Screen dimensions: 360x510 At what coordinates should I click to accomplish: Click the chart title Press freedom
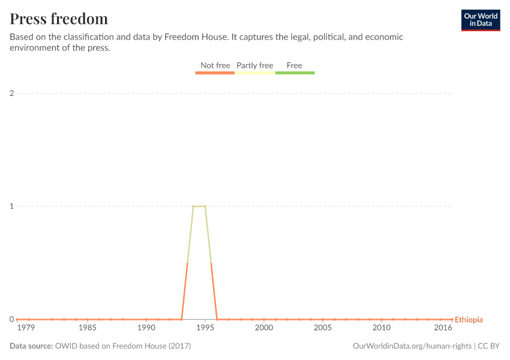click(x=59, y=19)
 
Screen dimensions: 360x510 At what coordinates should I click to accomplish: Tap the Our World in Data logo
click(x=480, y=20)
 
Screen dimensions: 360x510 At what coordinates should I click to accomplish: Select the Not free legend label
click(x=215, y=65)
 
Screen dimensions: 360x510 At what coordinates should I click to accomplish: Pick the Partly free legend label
click(x=254, y=65)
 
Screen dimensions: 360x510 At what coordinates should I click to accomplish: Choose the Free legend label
click(x=295, y=65)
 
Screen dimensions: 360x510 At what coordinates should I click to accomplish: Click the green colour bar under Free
click(x=295, y=73)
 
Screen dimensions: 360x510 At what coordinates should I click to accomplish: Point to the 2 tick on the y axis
click(x=11, y=93)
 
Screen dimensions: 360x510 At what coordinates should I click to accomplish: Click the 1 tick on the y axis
click(x=11, y=206)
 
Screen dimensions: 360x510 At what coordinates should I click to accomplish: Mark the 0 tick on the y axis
click(x=11, y=319)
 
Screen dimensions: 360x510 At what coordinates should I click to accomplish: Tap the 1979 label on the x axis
click(x=26, y=328)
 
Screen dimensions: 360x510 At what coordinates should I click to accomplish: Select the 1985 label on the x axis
click(x=87, y=328)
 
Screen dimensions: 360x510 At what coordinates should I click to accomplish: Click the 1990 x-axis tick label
click(x=146, y=328)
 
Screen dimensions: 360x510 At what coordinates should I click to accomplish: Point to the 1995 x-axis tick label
click(x=205, y=328)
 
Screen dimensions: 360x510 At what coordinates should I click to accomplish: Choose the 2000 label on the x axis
click(x=264, y=328)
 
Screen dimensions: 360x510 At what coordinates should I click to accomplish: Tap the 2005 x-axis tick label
click(x=322, y=328)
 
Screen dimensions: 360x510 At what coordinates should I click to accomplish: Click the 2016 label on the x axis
click(x=443, y=328)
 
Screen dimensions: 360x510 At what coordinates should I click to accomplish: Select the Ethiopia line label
click(x=469, y=320)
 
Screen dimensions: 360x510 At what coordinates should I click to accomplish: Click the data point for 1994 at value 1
click(x=193, y=206)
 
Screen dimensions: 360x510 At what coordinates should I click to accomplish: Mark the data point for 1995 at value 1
click(x=205, y=206)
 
